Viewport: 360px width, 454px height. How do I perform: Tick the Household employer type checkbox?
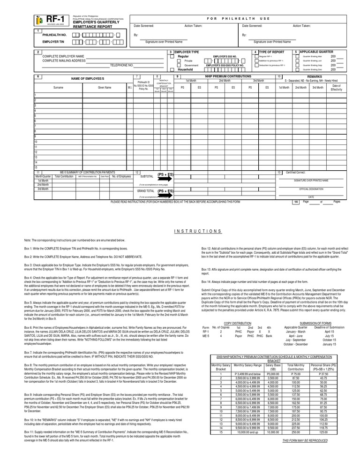pyautogui.click(x=172, y=69)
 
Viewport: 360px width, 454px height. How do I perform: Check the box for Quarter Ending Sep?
pyautogui.click(x=297, y=65)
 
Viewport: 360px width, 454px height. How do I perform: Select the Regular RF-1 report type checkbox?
pyautogui.click(x=256, y=56)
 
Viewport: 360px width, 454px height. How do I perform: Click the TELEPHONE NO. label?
pyautogui.click(x=122, y=65)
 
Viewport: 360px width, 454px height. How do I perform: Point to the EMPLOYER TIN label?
pyautogui.click(x=53, y=42)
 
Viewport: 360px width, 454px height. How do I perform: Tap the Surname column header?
pyautogui.click(x=58, y=87)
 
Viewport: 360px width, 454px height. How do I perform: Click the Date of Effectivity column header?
pyautogui.click(x=337, y=87)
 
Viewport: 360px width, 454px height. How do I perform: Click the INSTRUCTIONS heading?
pyautogui.click(x=197, y=231)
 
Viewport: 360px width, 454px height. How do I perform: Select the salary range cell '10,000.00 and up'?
pyautogui.click(x=248, y=432)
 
